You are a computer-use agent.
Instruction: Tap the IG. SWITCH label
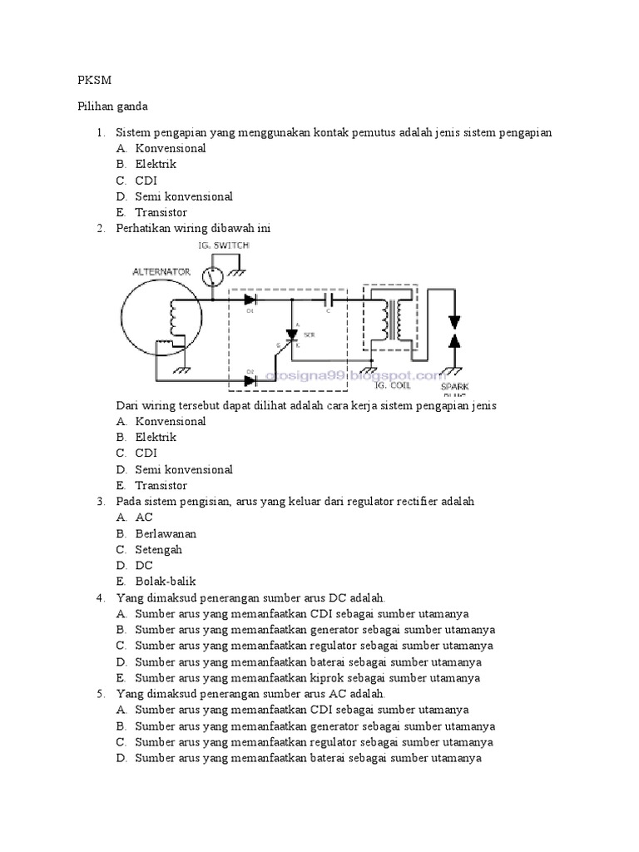click(x=223, y=245)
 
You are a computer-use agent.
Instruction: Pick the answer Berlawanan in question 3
click(x=166, y=533)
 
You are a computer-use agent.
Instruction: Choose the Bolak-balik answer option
click(x=165, y=582)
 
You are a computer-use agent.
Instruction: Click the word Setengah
click(x=158, y=549)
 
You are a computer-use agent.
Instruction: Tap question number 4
click(x=100, y=597)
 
